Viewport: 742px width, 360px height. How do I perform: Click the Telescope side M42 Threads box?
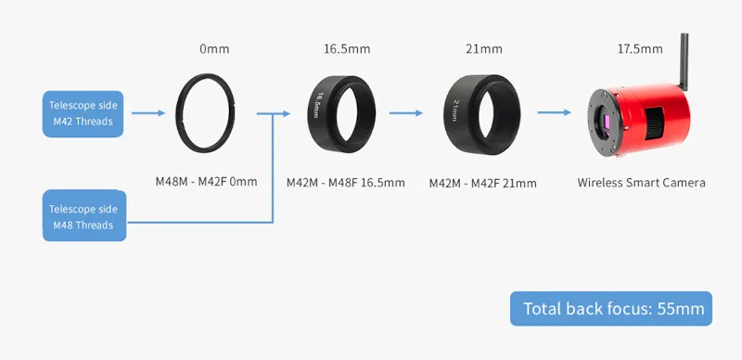coord(83,114)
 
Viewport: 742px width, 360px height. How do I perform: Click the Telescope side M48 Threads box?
coord(84,215)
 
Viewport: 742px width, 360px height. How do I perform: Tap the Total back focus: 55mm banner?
coord(611,308)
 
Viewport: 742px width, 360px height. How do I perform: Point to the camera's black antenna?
coord(684,61)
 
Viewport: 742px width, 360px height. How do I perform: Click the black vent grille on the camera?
coord(654,123)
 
